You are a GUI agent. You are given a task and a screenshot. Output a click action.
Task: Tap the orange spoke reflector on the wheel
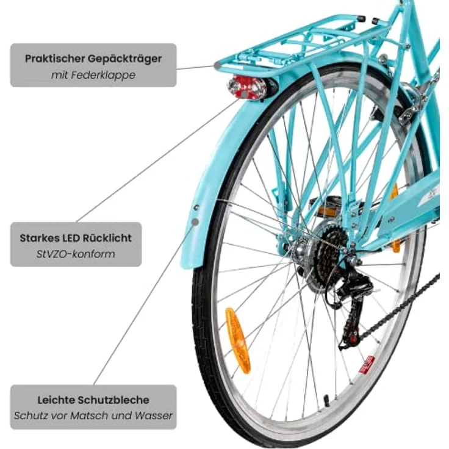click(x=238, y=340)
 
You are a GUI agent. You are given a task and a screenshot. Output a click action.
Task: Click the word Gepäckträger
click(x=124, y=59)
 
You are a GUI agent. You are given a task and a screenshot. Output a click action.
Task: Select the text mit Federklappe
click(x=93, y=75)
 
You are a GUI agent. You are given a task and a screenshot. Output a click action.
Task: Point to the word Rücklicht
click(x=107, y=238)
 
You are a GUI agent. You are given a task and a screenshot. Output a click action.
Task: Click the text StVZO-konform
click(x=76, y=254)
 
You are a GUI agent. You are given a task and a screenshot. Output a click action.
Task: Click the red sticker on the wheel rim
click(x=367, y=365)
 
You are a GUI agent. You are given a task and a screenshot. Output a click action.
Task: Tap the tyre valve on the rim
click(x=326, y=400)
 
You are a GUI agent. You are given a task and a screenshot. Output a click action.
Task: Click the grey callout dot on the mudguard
click(x=195, y=221)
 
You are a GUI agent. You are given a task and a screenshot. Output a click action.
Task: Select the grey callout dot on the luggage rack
click(x=218, y=66)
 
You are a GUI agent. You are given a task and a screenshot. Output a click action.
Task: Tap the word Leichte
click(x=56, y=400)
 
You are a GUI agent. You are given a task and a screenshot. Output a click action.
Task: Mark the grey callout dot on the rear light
click(x=244, y=94)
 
